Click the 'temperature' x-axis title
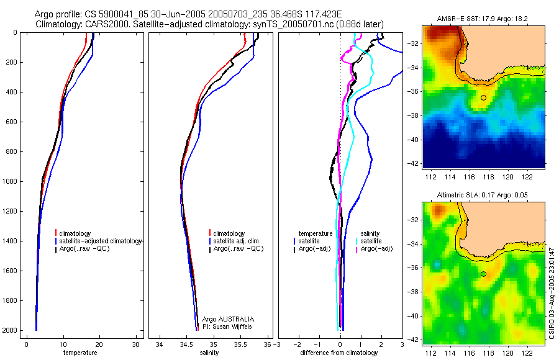coord(80,353)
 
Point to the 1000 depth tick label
coord(9,181)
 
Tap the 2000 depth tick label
coord(9,330)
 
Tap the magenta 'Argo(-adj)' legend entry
coord(376,248)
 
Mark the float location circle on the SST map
coord(483,97)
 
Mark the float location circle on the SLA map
coord(483,274)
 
